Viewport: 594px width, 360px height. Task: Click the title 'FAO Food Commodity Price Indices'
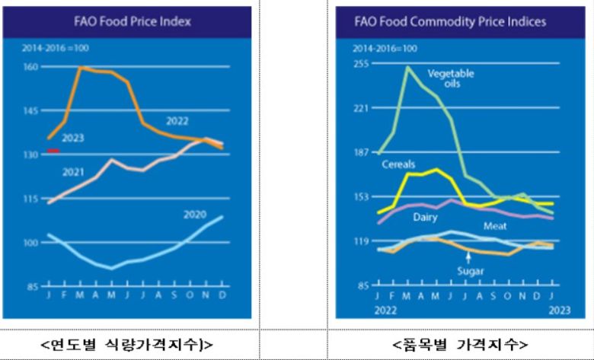point(451,21)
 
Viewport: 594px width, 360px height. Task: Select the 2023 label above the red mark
point(74,139)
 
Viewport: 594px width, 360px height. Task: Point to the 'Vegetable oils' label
point(450,78)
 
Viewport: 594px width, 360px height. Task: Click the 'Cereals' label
point(397,164)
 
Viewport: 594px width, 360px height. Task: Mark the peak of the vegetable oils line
point(408,67)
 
